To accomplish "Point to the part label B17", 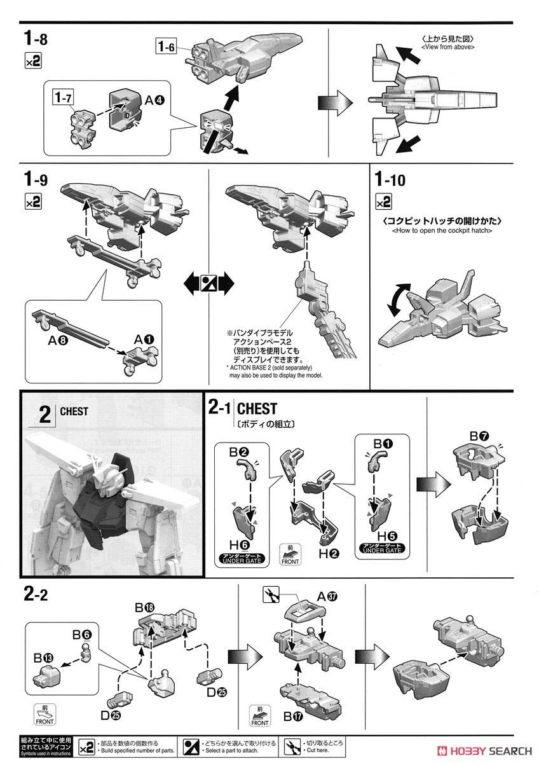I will point(294,717).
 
